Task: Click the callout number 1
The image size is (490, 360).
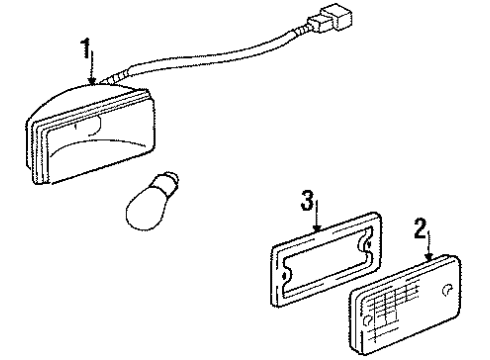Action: click(89, 48)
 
